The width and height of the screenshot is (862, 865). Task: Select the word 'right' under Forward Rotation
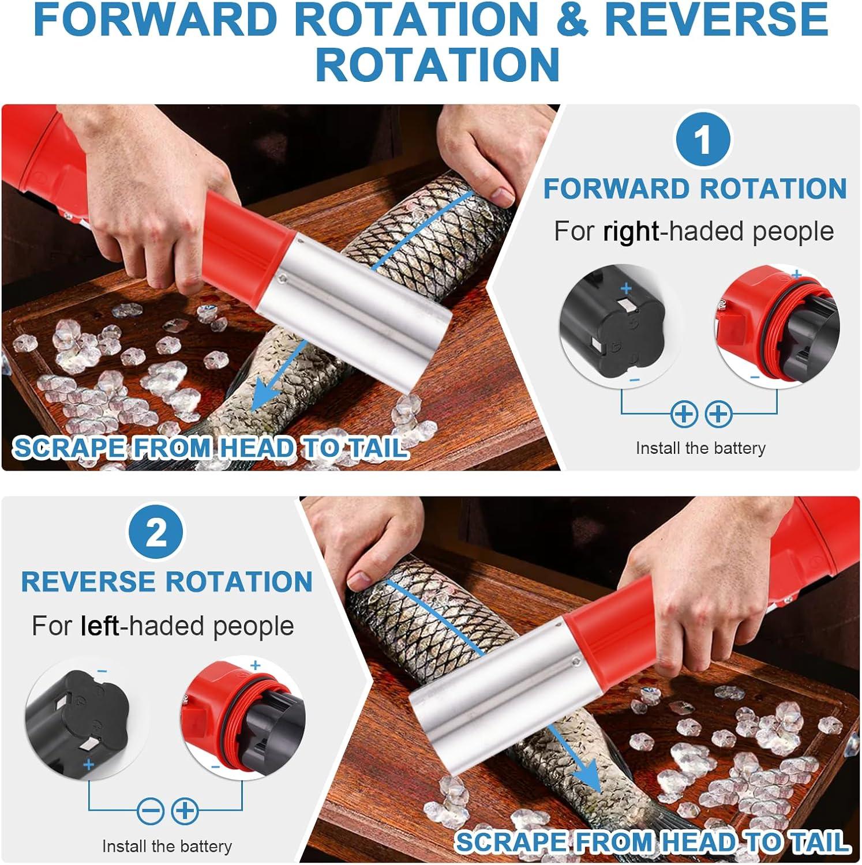631,231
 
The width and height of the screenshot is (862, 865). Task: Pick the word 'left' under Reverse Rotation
100,626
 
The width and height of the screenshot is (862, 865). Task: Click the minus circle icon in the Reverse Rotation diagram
151,811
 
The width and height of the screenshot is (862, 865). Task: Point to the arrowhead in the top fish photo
267,395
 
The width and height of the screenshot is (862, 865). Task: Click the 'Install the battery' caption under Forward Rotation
700,448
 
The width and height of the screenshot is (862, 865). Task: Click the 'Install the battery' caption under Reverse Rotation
167,846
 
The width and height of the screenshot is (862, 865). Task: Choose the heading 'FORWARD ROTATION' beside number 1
695,189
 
